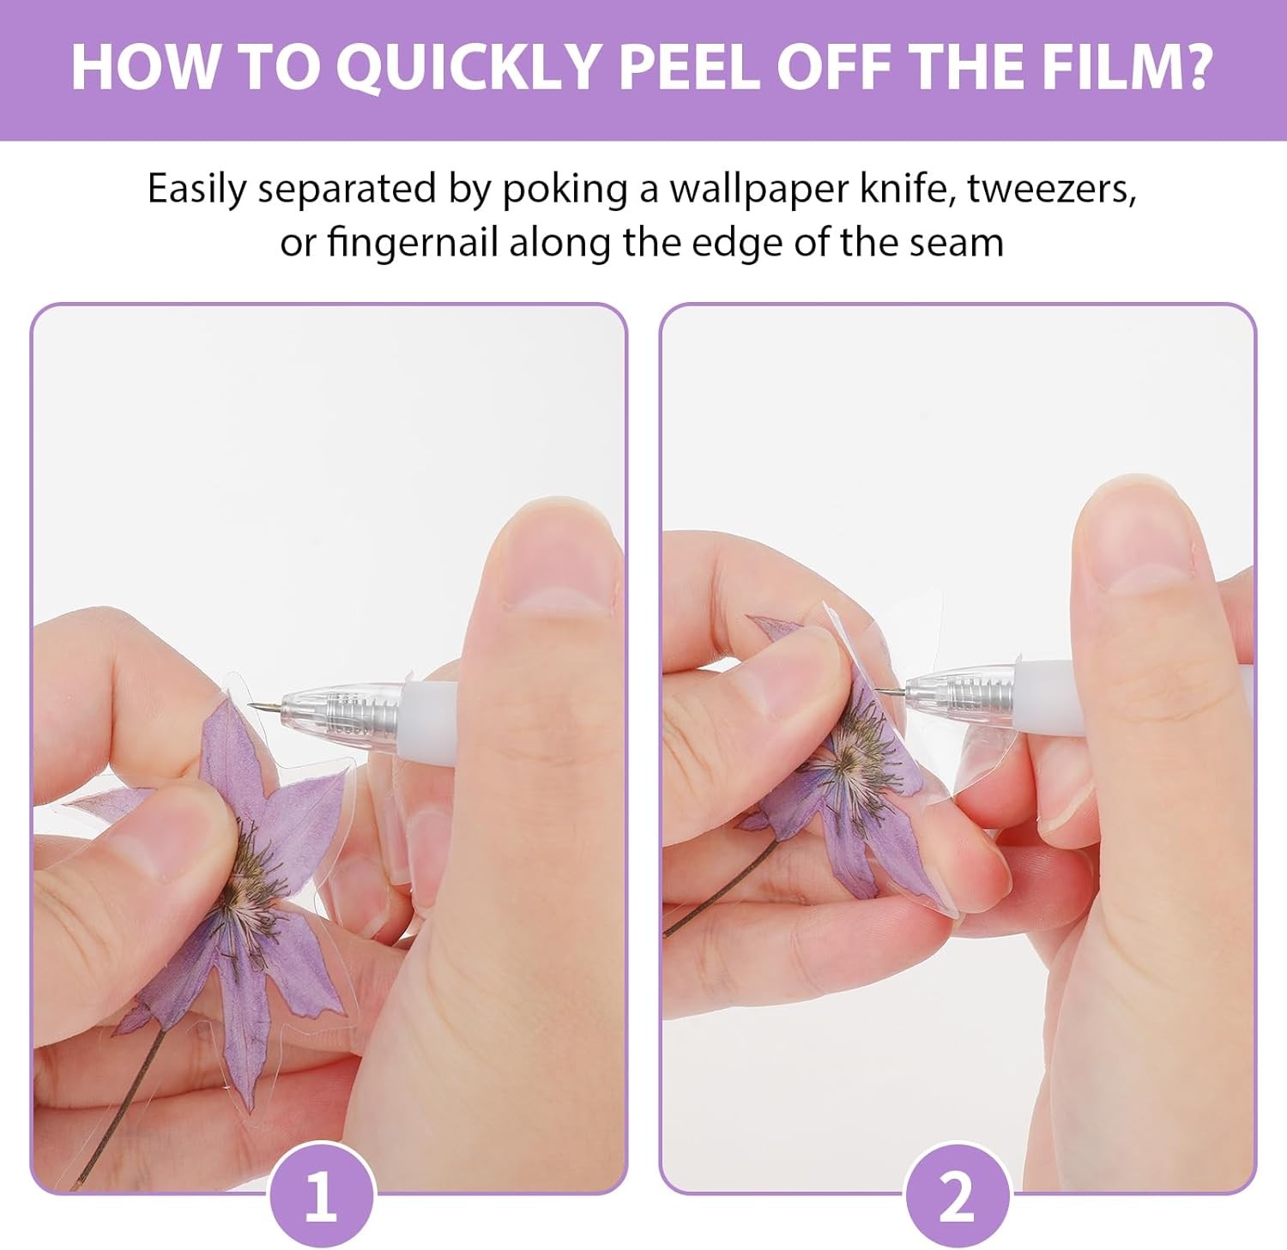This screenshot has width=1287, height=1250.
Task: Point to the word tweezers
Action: click(x=1052, y=190)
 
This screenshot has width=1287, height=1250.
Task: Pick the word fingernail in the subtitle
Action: click(x=413, y=244)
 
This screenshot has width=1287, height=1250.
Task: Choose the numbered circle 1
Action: click(x=321, y=1196)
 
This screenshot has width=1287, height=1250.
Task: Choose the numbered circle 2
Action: click(x=957, y=1196)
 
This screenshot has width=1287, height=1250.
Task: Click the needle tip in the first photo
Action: click(x=251, y=706)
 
